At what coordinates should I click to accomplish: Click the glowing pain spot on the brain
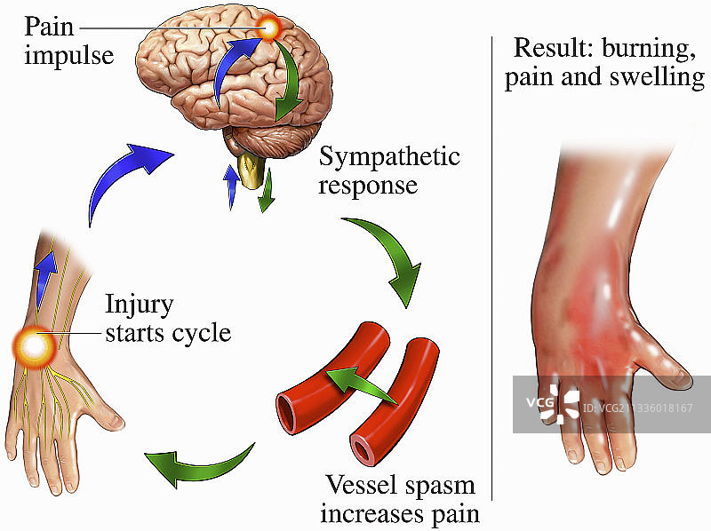(x=268, y=31)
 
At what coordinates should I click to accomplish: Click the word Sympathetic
(x=389, y=158)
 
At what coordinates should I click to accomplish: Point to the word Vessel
(x=360, y=487)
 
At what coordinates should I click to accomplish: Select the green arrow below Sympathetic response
(x=382, y=258)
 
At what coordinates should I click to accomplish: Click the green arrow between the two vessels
(x=359, y=384)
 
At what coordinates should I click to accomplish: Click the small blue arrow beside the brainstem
(x=231, y=185)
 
